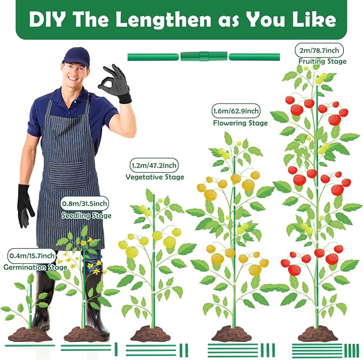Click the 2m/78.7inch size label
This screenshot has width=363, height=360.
click(x=319, y=50)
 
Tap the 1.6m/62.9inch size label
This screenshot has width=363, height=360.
click(x=236, y=111)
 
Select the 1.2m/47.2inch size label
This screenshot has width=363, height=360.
click(x=154, y=165)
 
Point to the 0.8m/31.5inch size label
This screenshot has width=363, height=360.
click(x=84, y=204)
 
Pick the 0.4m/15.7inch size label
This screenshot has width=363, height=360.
click(x=32, y=256)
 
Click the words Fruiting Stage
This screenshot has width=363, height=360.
click(x=322, y=62)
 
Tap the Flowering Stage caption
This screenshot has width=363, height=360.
click(x=240, y=123)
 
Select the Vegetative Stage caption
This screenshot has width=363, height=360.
click(x=155, y=177)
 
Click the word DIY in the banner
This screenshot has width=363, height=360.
click(x=47, y=19)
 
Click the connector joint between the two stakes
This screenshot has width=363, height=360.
click(x=204, y=56)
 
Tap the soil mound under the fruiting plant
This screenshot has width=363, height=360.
click(x=318, y=334)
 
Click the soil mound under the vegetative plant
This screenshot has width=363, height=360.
click(x=152, y=334)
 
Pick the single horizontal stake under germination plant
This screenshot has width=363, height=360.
click(x=30, y=346)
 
